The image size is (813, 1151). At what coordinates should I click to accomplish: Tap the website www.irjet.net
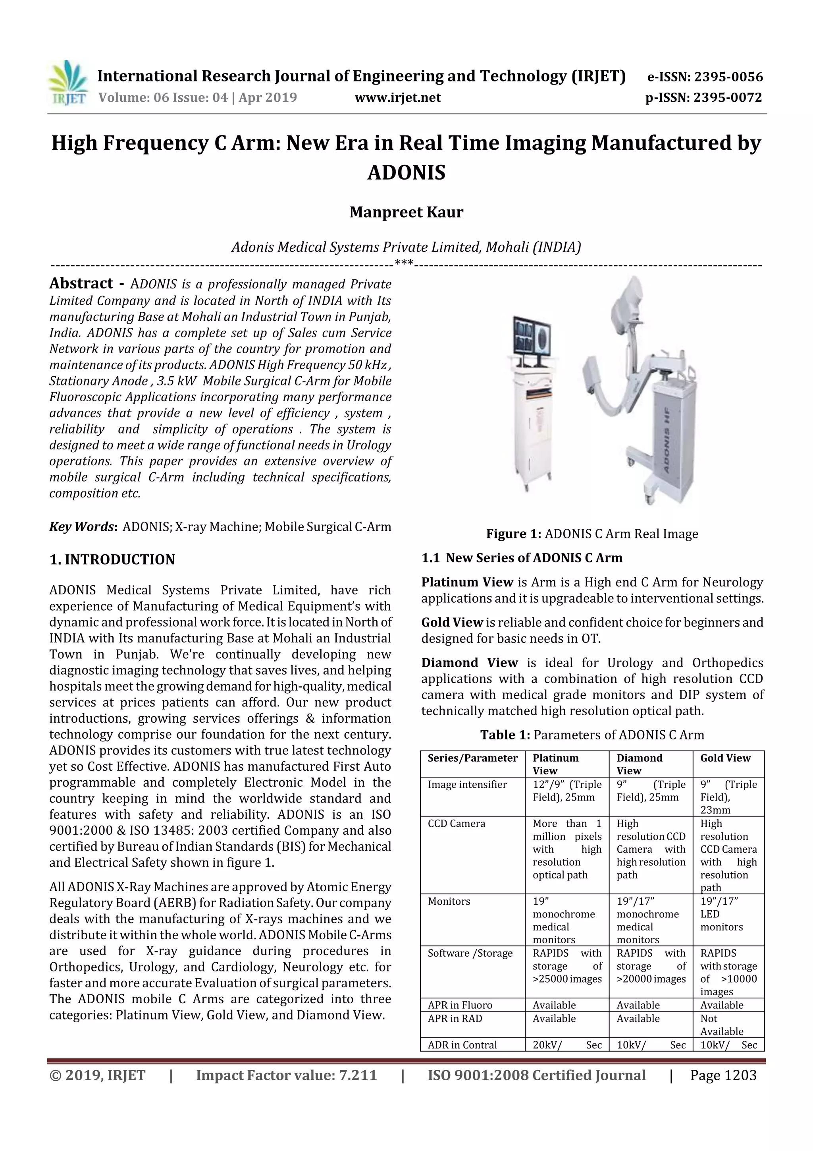tap(398, 97)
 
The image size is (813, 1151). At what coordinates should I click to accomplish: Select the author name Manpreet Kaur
tap(406, 212)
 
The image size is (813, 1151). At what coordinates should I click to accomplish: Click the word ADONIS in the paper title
tap(406, 172)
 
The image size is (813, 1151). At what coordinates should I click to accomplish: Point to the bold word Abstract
tap(81, 283)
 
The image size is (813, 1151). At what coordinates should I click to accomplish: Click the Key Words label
tap(83, 527)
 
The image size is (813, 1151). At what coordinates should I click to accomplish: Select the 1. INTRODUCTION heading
tap(112, 559)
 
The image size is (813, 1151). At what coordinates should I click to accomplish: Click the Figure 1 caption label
tap(513, 534)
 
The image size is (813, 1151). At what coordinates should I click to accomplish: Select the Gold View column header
tap(725, 758)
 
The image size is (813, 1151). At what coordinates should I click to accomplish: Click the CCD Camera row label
tap(457, 824)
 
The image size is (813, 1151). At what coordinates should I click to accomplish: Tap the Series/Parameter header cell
tap(472, 758)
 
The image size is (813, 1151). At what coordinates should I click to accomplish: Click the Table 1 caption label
tap(505, 735)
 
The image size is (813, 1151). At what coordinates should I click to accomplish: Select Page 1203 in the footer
tap(723, 1075)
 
